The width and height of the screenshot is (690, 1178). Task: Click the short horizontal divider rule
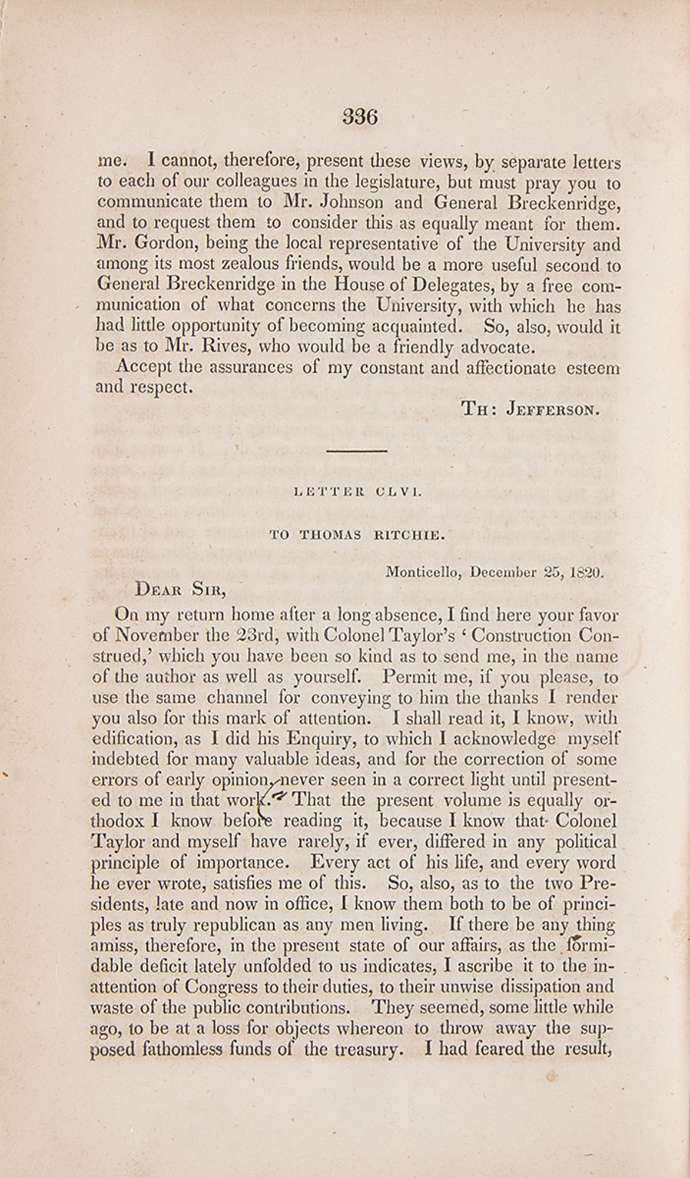(356, 451)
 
